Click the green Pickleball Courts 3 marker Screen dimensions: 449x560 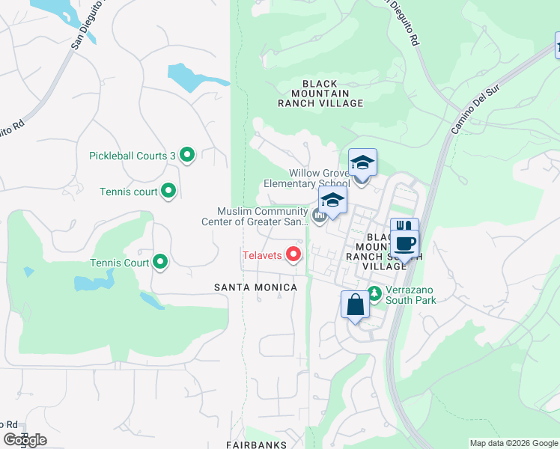coord(187,156)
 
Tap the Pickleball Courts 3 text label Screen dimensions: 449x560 coord(132,156)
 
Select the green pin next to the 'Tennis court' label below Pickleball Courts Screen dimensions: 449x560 coord(168,192)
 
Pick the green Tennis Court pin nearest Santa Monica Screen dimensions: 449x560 coord(160,263)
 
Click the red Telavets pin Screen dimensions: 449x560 coord(293,255)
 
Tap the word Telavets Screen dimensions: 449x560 coord(262,256)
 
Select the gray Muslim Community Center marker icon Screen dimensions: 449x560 coord(320,216)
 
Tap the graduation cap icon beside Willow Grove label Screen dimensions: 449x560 coord(362,162)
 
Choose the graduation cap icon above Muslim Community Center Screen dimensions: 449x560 coord(332,200)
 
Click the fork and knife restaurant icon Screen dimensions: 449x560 coord(404,227)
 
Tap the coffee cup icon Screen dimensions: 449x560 coord(405,243)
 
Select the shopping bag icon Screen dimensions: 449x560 coord(355,305)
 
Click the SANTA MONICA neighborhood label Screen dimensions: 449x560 coord(255,287)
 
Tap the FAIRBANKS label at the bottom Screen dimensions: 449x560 coord(255,445)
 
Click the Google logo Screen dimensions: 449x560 coord(25,440)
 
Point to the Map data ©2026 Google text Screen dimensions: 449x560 coord(513,443)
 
